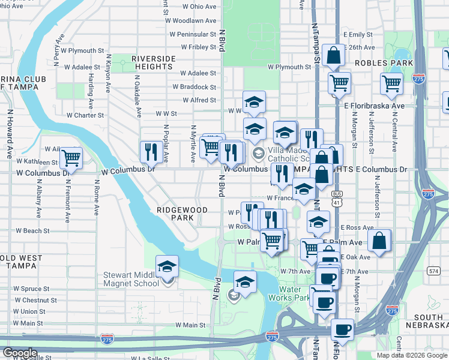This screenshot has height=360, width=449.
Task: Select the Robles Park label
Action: pyautogui.click(x=384, y=62)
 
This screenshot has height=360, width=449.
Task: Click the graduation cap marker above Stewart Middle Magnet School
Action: pyautogui.click(x=167, y=266)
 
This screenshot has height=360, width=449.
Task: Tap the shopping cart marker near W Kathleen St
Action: pyautogui.click(x=71, y=158)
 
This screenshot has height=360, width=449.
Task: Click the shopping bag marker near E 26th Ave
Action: pyautogui.click(x=333, y=55)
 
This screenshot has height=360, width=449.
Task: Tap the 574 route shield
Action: pyautogui.click(x=433, y=271)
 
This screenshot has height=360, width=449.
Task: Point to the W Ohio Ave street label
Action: pyautogui.click(x=198, y=7)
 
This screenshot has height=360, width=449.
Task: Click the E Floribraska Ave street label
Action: pyautogui.click(x=379, y=106)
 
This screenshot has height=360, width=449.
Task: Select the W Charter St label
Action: pyautogui.click(x=85, y=115)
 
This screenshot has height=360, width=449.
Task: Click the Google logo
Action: pyautogui.click(x=20, y=353)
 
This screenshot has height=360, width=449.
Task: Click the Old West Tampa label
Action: pyautogui.click(x=21, y=262)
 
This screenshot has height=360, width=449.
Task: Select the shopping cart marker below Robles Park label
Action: pyautogui.click(x=391, y=84)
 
